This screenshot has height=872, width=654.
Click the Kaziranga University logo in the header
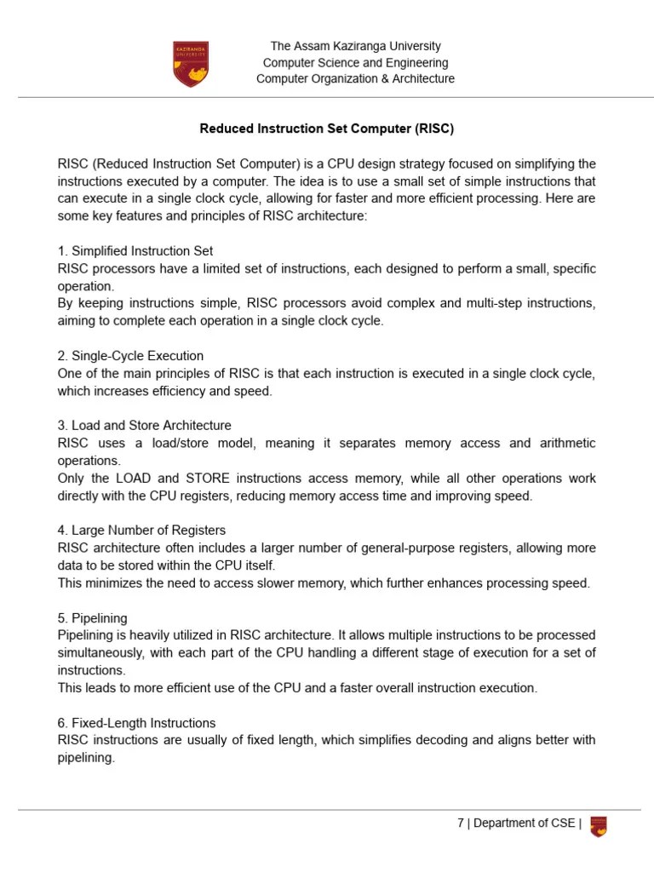(x=190, y=64)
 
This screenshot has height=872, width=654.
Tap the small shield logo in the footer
(x=599, y=825)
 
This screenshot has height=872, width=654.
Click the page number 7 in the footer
(x=461, y=823)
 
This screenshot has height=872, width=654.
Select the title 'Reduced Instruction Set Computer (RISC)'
(x=327, y=129)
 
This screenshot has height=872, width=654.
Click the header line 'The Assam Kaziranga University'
(x=356, y=46)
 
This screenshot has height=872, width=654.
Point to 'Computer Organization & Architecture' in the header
(x=356, y=79)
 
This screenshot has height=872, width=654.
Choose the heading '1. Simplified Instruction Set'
(x=135, y=251)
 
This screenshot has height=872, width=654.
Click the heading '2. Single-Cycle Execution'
(x=130, y=355)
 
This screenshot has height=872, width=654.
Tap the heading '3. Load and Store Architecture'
(x=144, y=425)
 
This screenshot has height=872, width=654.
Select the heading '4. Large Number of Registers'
(x=141, y=530)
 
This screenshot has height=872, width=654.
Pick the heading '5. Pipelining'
(x=93, y=617)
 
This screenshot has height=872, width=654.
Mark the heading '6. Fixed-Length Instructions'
(x=136, y=723)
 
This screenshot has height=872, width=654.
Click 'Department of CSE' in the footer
(x=525, y=823)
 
